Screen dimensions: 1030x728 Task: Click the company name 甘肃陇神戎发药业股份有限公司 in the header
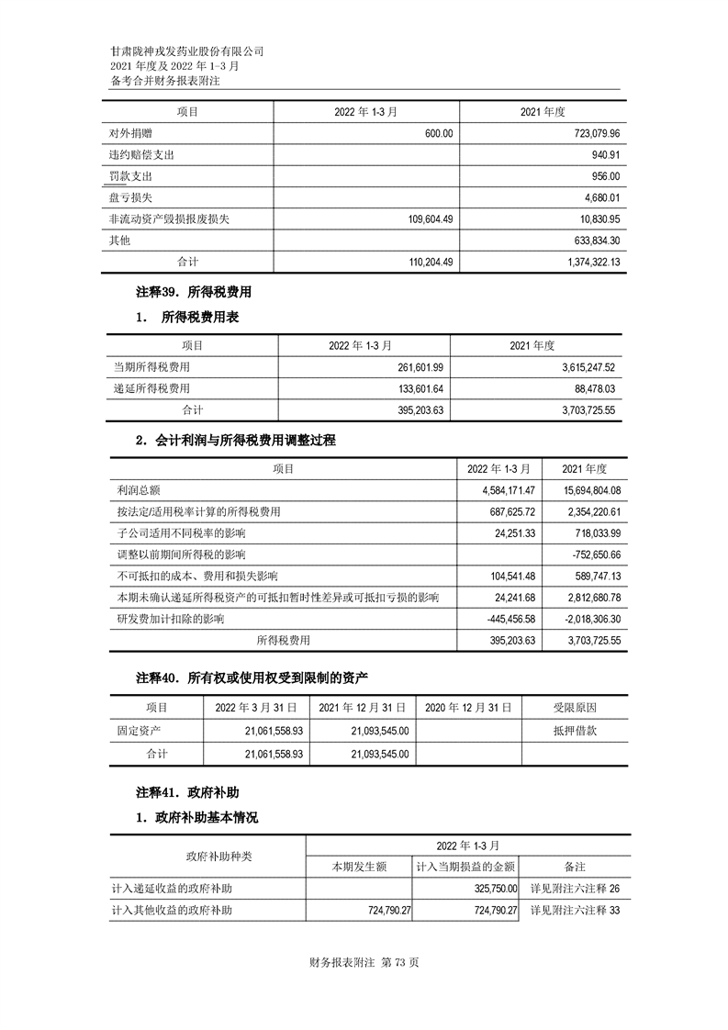186,51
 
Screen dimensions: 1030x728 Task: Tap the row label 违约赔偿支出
141,155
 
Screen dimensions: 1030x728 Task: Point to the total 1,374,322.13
584,262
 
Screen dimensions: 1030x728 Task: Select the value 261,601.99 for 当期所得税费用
419,367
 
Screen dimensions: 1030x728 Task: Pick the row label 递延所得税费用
151,388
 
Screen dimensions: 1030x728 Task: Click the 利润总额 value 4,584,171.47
501,490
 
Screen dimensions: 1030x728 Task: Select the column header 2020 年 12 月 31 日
468,708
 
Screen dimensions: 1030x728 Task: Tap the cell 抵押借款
575,731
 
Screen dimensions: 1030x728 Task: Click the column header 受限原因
575,708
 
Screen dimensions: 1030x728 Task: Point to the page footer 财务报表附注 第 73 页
365,963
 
